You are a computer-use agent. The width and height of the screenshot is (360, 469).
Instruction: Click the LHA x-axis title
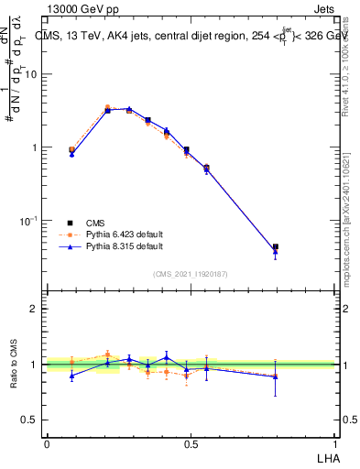tap(326, 458)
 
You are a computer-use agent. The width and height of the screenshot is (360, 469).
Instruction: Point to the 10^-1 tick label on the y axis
tap(29, 221)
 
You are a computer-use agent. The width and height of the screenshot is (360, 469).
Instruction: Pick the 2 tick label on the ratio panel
tap(37, 309)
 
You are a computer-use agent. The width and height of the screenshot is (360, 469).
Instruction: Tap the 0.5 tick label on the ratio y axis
tap(31, 420)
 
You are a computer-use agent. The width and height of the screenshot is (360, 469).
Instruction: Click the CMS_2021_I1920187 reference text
tap(190, 273)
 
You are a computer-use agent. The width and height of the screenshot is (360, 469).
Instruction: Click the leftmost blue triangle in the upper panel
tap(72, 155)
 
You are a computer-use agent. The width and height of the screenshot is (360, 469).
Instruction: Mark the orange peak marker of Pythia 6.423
tap(107, 107)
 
